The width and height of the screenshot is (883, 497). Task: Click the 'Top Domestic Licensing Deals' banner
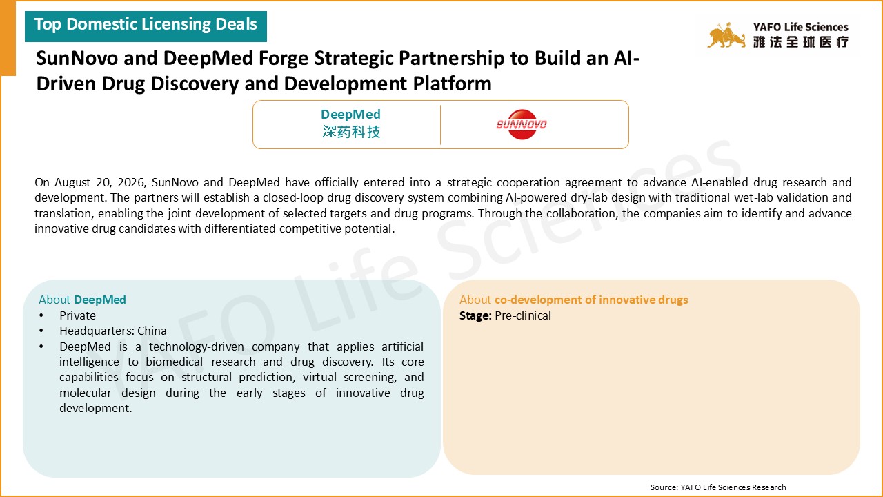(x=146, y=26)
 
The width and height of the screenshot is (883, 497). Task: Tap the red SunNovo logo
(x=522, y=125)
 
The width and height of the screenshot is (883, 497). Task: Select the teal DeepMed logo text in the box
(x=350, y=115)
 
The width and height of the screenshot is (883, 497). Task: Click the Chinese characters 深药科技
(x=351, y=132)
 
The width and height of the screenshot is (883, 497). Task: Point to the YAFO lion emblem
(x=726, y=35)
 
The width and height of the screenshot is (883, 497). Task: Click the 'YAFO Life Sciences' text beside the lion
(x=801, y=27)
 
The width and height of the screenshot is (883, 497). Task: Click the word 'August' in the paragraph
(x=72, y=182)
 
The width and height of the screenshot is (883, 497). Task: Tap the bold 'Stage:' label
(x=475, y=315)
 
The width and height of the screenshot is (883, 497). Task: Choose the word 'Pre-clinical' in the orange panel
(x=523, y=315)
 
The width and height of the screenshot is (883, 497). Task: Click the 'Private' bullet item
(x=78, y=315)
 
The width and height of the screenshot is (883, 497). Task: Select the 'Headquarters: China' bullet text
(x=113, y=331)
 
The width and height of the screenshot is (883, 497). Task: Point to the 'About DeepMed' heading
(x=82, y=300)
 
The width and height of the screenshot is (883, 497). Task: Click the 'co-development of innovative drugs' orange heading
(x=591, y=300)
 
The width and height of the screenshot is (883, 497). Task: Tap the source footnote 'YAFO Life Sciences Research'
(x=733, y=487)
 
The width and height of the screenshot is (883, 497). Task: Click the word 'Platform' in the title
(x=452, y=84)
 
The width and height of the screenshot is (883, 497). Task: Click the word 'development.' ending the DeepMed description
(x=95, y=408)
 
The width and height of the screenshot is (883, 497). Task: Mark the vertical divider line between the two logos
(x=440, y=125)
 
